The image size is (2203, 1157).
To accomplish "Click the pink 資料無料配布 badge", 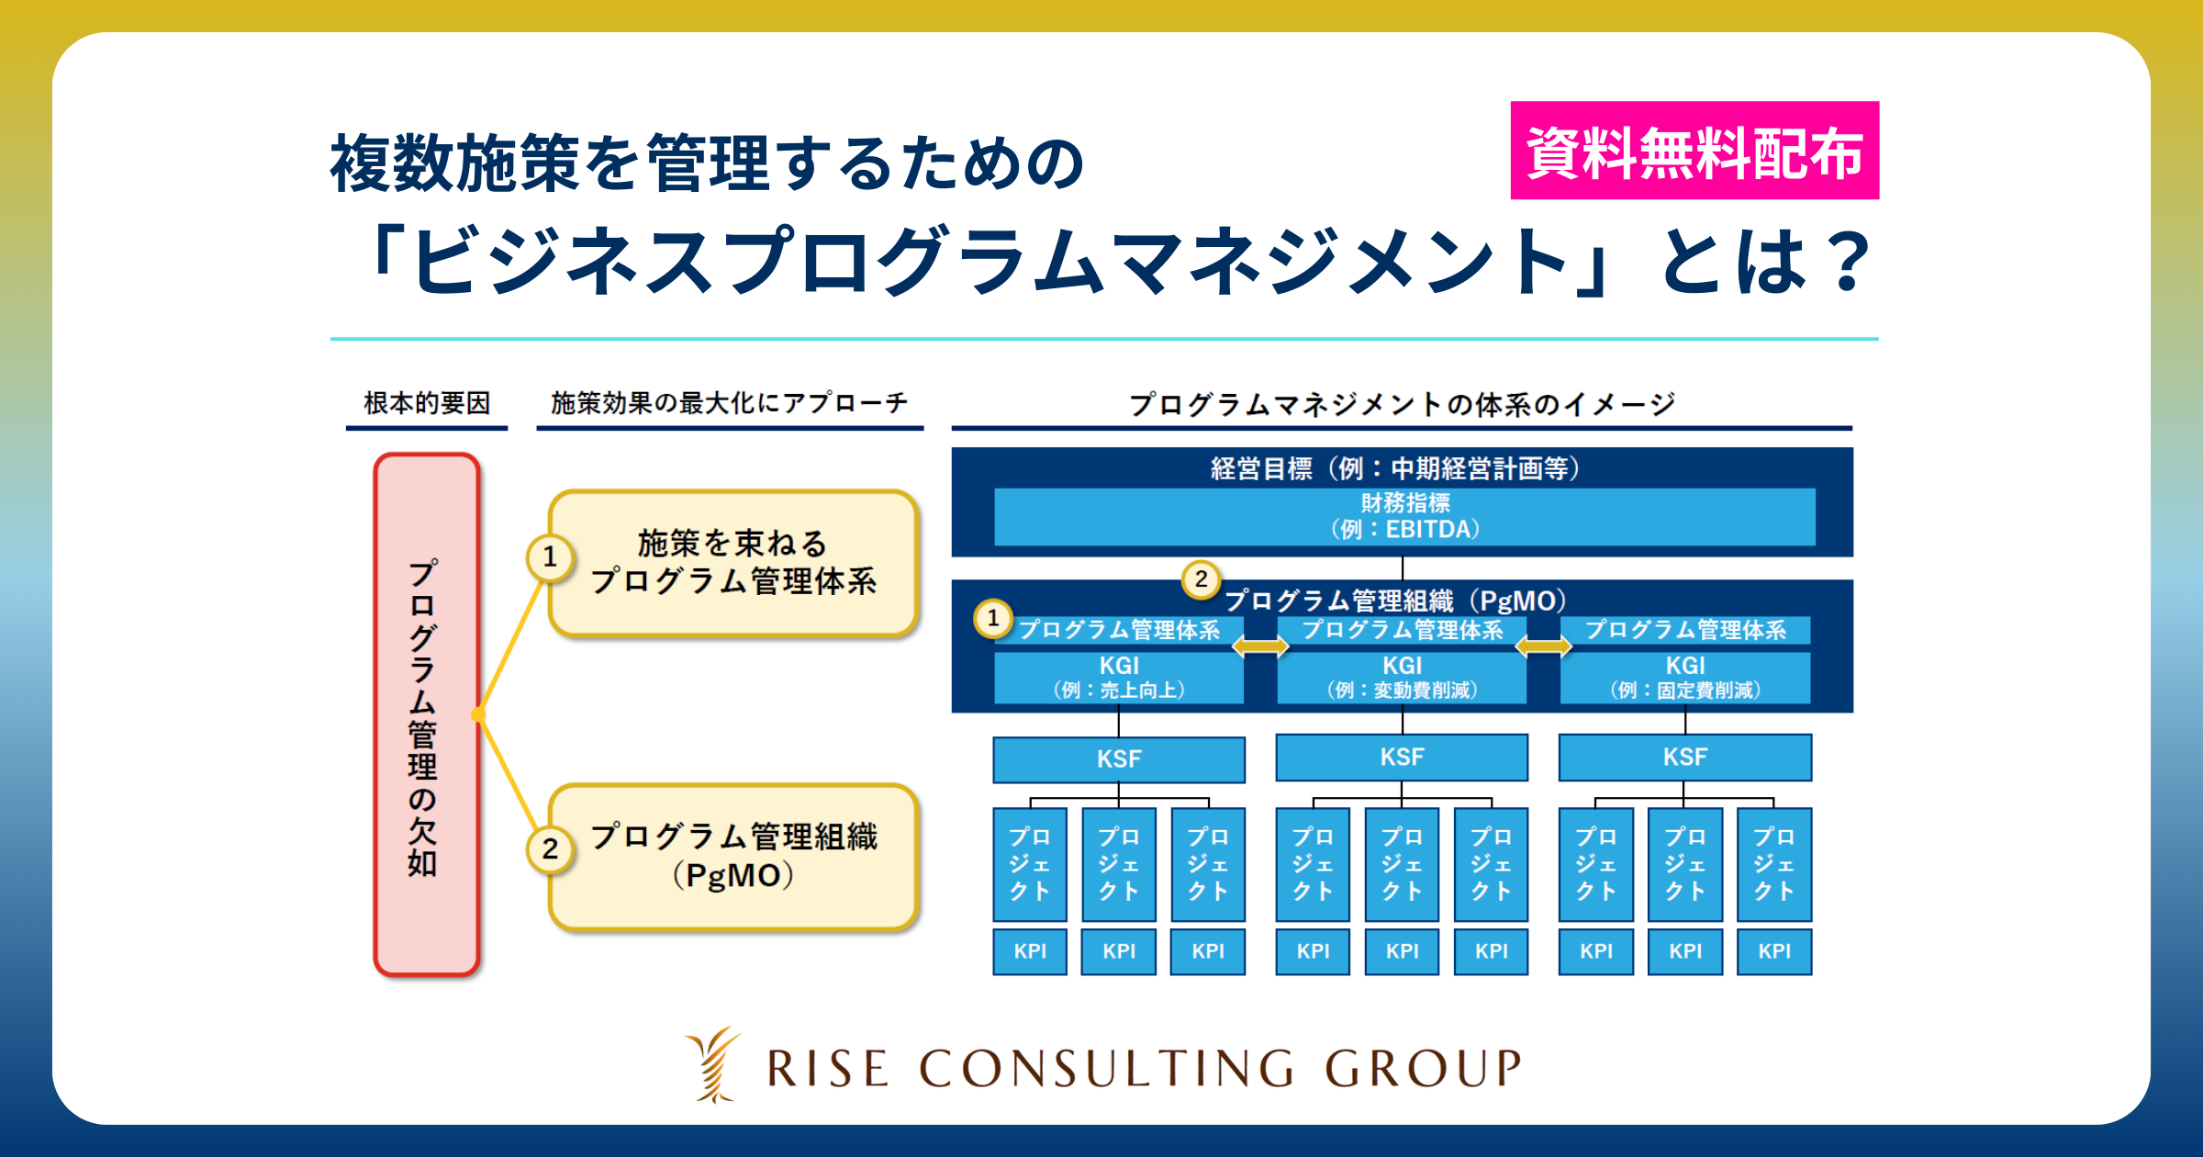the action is pyautogui.click(x=1694, y=151).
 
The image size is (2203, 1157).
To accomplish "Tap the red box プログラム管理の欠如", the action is pyautogui.click(x=427, y=714).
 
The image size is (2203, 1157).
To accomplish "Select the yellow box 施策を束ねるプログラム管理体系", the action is pyautogui.click(x=733, y=563).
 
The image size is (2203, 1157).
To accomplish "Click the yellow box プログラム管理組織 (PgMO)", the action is pyautogui.click(x=733, y=857).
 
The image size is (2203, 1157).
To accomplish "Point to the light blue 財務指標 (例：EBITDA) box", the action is pyautogui.click(x=1404, y=517).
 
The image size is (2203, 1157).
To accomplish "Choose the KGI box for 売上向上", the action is pyautogui.click(x=1119, y=678).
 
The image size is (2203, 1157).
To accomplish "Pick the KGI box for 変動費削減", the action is pyautogui.click(x=1402, y=678).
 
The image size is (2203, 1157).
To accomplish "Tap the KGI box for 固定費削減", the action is pyautogui.click(x=1685, y=678).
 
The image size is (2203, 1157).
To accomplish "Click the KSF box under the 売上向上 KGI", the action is pyautogui.click(x=1119, y=759).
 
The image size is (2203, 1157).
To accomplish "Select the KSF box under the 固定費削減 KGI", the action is pyautogui.click(x=1685, y=758).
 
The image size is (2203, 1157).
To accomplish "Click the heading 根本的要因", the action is pyautogui.click(x=427, y=403).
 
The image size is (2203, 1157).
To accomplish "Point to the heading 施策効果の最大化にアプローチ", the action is pyautogui.click(x=730, y=403).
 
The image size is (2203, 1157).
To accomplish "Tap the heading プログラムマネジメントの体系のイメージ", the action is pyautogui.click(x=1402, y=404).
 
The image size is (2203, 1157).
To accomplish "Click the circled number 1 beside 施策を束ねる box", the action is pyautogui.click(x=550, y=556).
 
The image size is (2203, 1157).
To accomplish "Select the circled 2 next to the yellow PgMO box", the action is pyautogui.click(x=550, y=848).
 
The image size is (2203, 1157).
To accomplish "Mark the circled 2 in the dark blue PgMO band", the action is pyautogui.click(x=1201, y=579).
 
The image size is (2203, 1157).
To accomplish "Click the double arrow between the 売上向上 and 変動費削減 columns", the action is pyautogui.click(x=1260, y=646).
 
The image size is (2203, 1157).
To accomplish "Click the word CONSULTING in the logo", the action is pyautogui.click(x=1107, y=1068).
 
